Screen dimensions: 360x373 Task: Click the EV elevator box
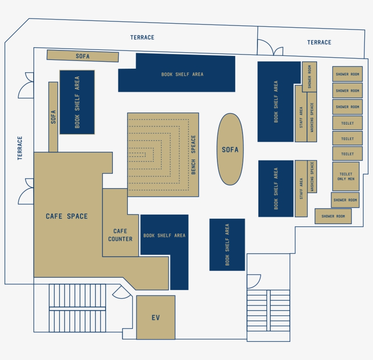click(156, 317)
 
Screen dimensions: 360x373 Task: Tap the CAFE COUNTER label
click(121, 235)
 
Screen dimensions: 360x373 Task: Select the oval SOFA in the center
click(230, 149)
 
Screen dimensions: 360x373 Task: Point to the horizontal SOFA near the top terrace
click(82, 56)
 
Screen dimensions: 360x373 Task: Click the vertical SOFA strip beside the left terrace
click(53, 117)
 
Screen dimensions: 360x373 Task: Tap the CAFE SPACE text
click(67, 216)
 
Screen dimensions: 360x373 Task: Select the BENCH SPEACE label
click(193, 155)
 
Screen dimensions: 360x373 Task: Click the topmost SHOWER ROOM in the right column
click(347, 74)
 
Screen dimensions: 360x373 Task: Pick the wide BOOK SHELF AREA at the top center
click(182, 74)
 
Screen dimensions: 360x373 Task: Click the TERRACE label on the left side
click(20, 148)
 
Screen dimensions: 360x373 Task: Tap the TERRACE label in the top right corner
click(319, 42)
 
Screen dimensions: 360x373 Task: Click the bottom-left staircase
click(77, 308)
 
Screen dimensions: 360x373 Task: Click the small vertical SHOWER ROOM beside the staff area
click(309, 76)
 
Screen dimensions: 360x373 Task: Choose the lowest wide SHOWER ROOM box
click(333, 216)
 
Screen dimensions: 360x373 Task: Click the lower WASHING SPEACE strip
click(312, 176)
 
